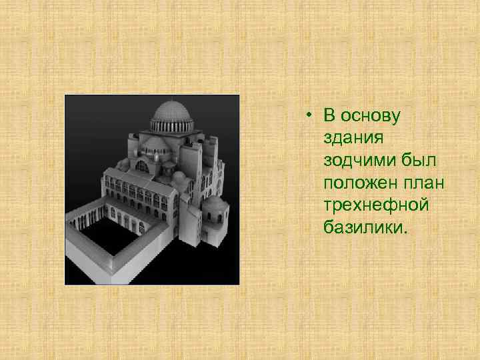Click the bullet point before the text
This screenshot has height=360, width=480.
tap(309, 117)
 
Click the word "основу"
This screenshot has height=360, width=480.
tap(373, 116)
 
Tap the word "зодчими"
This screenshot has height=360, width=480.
tap(355, 161)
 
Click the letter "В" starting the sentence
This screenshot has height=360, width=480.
tap(329, 116)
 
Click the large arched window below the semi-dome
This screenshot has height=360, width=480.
tap(143, 166)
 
